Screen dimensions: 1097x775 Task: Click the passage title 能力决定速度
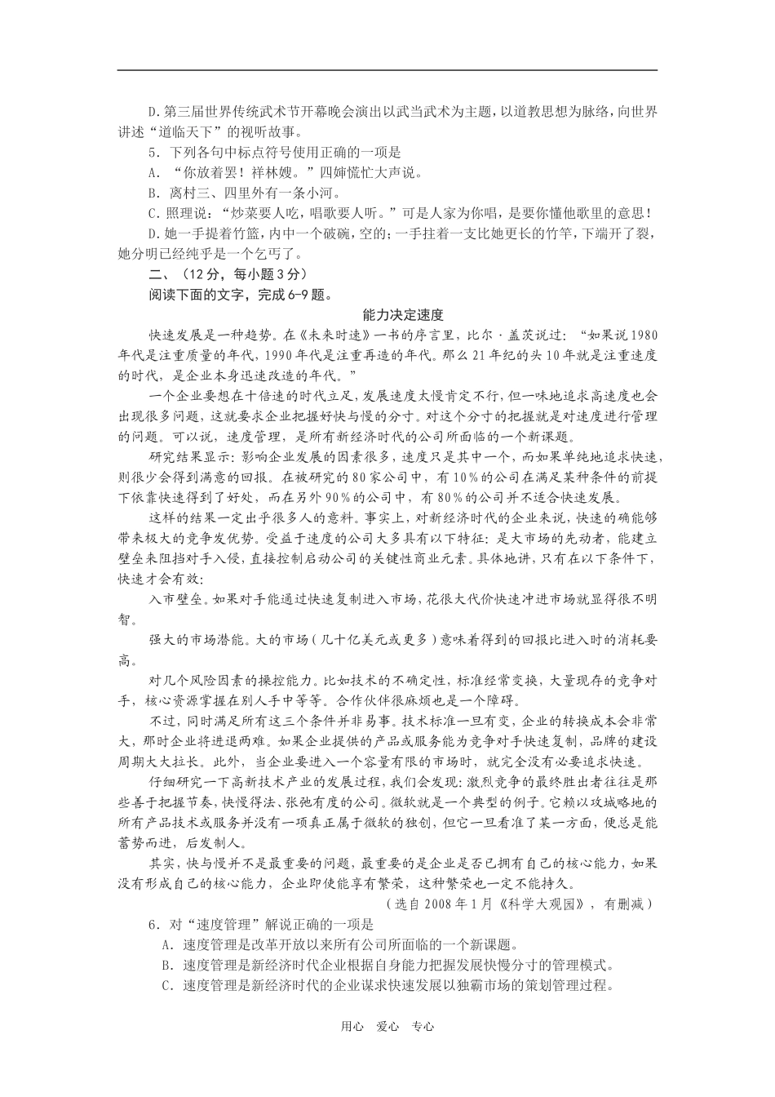point(403,314)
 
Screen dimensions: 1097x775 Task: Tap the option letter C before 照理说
point(153,214)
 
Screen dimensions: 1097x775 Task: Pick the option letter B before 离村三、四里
point(153,193)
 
